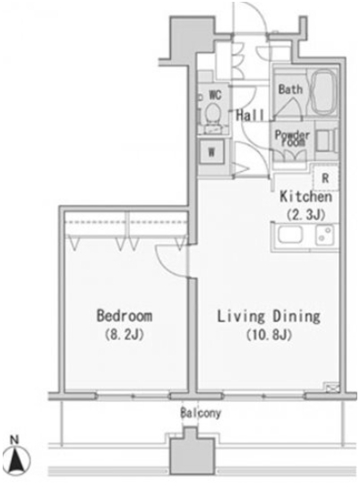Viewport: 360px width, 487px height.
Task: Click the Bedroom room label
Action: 124,315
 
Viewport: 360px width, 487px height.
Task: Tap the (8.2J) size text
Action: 124,335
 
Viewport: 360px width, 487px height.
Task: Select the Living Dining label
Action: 269,317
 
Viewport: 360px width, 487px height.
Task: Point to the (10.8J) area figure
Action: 269,335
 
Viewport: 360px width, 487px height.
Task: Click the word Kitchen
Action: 305,197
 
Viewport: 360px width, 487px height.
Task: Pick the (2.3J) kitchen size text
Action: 305,214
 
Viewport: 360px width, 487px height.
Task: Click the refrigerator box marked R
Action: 325,178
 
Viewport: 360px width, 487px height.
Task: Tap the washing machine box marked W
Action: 211,152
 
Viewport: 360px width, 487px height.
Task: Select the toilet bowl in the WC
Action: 213,113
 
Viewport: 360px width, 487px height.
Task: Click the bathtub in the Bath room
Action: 323,91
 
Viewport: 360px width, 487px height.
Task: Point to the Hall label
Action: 250,115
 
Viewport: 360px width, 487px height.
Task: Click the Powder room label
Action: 292,139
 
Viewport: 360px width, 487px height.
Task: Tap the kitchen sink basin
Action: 290,235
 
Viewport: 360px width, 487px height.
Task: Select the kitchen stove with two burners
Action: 324,235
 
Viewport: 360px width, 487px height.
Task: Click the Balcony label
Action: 201,413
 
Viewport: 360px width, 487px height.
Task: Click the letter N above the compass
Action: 14,440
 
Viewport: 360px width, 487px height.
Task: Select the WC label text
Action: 215,95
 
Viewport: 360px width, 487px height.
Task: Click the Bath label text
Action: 290,90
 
